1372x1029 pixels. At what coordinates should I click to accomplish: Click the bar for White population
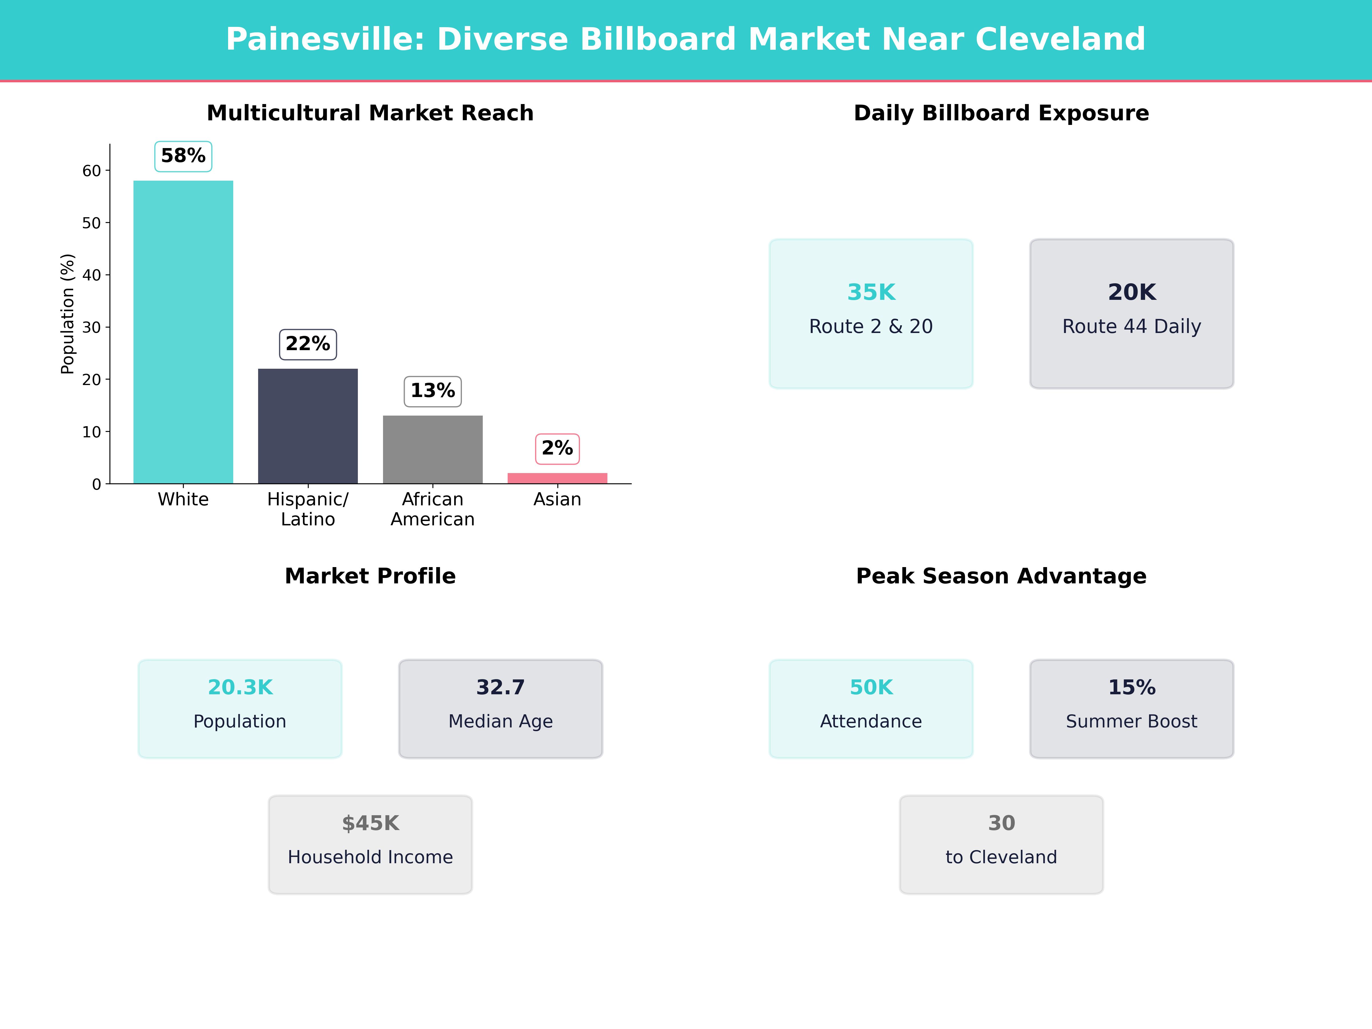coord(183,332)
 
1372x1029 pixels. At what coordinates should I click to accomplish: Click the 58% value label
coord(183,156)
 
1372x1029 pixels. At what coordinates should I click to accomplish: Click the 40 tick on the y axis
coord(91,275)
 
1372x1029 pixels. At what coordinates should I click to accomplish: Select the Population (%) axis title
coord(68,314)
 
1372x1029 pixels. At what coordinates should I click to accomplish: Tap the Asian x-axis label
coord(557,499)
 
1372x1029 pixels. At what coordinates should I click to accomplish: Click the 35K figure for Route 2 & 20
coord(871,292)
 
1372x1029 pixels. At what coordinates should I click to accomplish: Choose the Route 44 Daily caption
coord(1131,326)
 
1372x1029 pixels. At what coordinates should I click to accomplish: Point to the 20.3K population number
coord(240,687)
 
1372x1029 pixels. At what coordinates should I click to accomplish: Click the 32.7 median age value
coord(500,687)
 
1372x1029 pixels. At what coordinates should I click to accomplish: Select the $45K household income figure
coord(370,823)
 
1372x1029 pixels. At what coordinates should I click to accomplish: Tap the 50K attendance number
coord(871,687)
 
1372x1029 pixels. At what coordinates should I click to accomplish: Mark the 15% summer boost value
coord(1131,687)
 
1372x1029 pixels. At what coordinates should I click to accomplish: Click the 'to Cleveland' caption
coord(1001,857)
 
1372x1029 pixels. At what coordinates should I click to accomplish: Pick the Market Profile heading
coord(370,576)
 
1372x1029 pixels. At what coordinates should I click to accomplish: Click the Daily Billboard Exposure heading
coord(1001,113)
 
